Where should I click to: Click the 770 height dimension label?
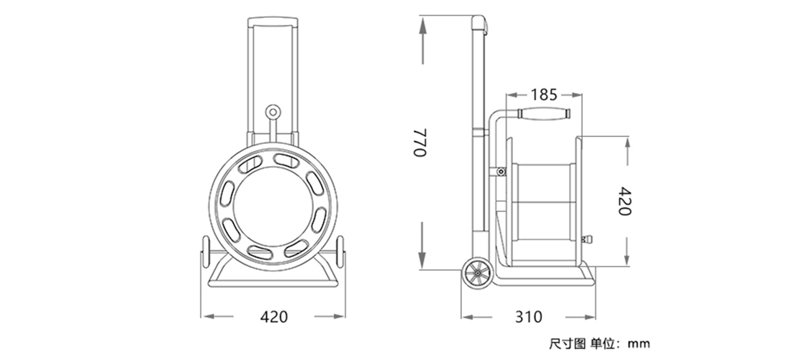420,143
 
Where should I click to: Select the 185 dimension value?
544,94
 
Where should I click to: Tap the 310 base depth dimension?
529,317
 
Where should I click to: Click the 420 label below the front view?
274,317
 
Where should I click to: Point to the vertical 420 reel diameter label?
624,201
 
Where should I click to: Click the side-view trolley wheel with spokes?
477,274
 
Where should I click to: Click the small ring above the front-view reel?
273,111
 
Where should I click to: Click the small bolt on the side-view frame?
501,172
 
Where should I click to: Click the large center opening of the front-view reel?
273,206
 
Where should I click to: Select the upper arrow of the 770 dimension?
422,40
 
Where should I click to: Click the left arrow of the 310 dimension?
476,317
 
